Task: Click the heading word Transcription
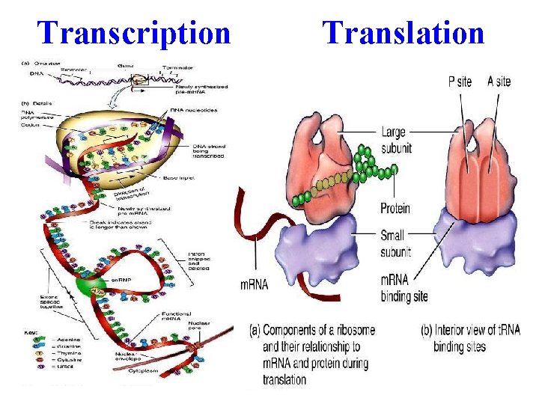click(135, 32)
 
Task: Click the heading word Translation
click(404, 32)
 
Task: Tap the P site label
click(460, 81)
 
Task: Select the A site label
click(499, 81)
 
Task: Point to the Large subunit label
click(395, 140)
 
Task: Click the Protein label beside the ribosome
click(395, 208)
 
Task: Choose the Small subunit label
click(395, 244)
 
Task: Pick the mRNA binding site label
click(404, 288)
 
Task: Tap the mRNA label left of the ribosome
click(254, 284)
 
